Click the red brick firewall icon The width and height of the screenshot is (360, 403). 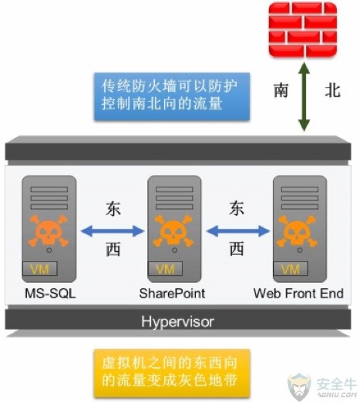pyautogui.click(x=303, y=29)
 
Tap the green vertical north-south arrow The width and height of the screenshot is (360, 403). pyautogui.click(x=304, y=96)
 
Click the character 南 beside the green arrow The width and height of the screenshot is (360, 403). pyautogui.click(x=281, y=90)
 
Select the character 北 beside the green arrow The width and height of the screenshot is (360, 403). pyautogui.click(x=332, y=90)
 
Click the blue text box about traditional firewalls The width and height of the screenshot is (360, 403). pyautogui.click(x=172, y=96)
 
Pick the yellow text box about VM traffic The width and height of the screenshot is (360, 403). pyautogui.click(x=172, y=373)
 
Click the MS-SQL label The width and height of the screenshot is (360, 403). pyautogui.click(x=50, y=294)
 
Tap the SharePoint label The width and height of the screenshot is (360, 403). pyautogui.click(x=172, y=294)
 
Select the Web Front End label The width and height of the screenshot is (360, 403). pyautogui.click(x=298, y=294)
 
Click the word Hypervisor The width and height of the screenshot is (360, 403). pyautogui.click(x=177, y=321)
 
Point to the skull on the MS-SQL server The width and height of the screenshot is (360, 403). pyautogui.click(x=49, y=231)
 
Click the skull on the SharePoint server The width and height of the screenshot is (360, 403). pyautogui.click(x=173, y=231)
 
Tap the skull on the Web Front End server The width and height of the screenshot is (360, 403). pyautogui.click(x=297, y=231)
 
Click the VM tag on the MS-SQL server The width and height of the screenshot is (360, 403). pyautogui.click(x=40, y=269)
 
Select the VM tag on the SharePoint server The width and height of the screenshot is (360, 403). pyautogui.click(x=165, y=269)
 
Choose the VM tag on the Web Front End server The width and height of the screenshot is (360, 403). pyautogui.click(x=291, y=269)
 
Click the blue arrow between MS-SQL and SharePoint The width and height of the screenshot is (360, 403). pyautogui.click(x=113, y=231)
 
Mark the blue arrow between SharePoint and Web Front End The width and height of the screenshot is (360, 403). pyautogui.click(x=238, y=231)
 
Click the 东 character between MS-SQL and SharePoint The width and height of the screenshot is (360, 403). pyautogui.click(x=113, y=208)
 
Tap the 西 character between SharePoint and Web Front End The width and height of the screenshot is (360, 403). pyautogui.click(x=237, y=249)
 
